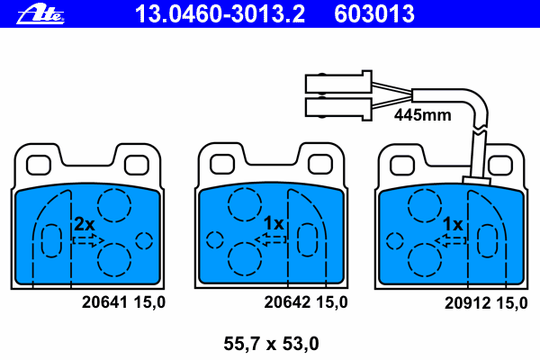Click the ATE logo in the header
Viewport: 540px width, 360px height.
coord(40,14)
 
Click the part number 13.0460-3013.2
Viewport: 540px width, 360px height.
coord(220,14)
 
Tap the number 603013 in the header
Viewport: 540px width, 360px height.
coord(374,14)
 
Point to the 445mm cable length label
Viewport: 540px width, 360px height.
coord(423,114)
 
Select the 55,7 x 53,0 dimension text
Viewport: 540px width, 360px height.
coord(272,344)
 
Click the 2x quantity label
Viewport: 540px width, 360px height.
coord(85,225)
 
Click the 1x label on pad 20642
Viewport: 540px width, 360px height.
coord(274,223)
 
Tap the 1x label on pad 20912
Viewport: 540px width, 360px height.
coord(453,224)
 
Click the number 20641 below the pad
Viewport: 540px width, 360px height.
coord(104,302)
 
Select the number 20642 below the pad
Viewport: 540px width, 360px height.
coord(287,302)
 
